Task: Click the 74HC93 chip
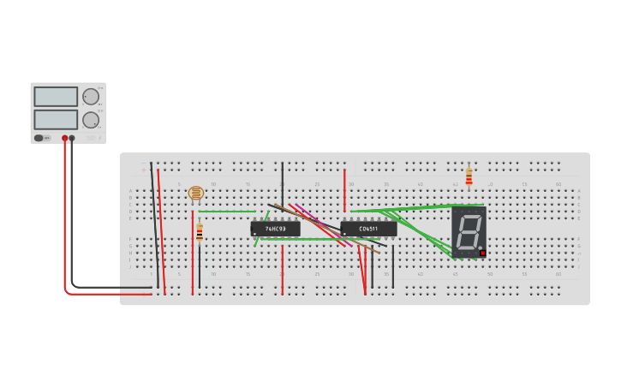click(275, 229)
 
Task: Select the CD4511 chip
click(368, 229)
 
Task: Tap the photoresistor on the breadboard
click(196, 194)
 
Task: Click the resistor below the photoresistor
click(200, 233)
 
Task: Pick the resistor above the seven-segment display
click(469, 176)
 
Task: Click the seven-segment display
click(469, 231)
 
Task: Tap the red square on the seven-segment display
click(482, 253)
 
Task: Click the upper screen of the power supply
click(56, 96)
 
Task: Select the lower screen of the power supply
click(56, 118)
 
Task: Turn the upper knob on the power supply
click(90, 96)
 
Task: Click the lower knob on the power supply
click(90, 119)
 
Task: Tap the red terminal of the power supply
click(64, 138)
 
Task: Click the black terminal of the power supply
click(72, 138)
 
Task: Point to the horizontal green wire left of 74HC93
click(227, 211)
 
